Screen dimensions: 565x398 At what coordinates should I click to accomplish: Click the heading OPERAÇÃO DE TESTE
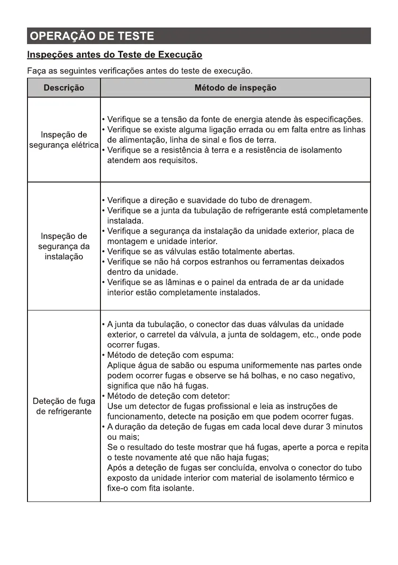point(91,36)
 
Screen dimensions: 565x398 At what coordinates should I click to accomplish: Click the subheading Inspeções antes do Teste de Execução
point(115,55)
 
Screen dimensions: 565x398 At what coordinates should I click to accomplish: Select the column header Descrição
point(64,88)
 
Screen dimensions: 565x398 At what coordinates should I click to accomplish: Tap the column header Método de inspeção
point(235,88)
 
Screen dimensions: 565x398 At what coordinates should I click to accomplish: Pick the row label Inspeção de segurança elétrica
point(64,140)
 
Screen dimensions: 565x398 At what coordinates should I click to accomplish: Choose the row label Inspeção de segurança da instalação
point(64,246)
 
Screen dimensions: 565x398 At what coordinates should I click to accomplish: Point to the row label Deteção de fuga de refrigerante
point(64,406)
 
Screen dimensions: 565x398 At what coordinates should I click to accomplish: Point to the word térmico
point(331,478)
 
